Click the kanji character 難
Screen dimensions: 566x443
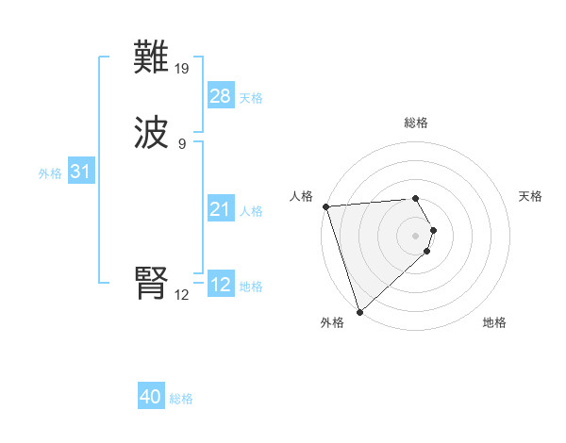point(152,57)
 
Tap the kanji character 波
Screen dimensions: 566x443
point(152,133)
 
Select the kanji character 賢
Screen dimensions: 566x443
point(152,283)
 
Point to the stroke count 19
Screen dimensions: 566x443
point(182,68)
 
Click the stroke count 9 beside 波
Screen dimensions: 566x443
point(182,143)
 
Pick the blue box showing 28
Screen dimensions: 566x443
point(221,96)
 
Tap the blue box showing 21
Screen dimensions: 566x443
point(221,209)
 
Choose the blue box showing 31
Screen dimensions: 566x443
point(81,172)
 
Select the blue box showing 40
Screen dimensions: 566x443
point(151,397)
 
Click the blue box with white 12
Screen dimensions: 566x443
point(221,285)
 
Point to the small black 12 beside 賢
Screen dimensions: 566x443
point(182,294)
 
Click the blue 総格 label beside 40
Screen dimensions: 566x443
point(181,399)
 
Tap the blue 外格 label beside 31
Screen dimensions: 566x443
point(50,173)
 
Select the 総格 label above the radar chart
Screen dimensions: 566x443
point(416,123)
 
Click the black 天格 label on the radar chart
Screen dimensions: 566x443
point(531,196)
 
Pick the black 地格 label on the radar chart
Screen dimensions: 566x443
point(494,322)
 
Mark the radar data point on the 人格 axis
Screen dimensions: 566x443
point(325,206)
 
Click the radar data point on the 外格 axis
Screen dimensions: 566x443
point(358,311)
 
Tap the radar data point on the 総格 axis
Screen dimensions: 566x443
point(415,198)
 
